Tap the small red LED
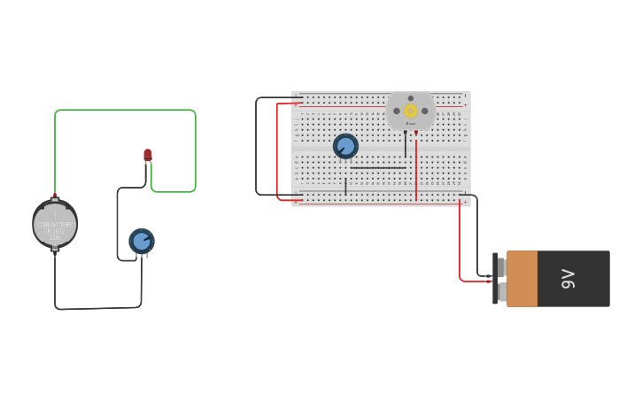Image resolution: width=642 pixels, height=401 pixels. coord(148,156)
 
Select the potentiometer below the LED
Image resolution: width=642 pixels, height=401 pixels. coord(142,241)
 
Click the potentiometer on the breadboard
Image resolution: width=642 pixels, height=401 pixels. coord(345,146)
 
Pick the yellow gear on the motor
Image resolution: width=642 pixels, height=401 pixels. coord(411,111)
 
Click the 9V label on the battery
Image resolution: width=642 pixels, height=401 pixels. coord(569,279)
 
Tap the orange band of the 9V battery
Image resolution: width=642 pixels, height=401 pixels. coord(522,279)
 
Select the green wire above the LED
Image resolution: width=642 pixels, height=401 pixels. coord(124,111)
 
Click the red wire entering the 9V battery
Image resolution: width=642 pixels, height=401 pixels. coord(460,248)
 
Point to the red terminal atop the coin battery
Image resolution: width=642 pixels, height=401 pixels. coord(55,195)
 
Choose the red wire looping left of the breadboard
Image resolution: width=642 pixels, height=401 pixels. coord(277,150)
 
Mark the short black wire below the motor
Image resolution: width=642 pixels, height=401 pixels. coord(406,143)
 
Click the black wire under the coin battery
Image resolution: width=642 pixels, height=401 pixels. coord(97,308)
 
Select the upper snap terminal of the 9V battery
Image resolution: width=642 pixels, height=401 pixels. coord(501,266)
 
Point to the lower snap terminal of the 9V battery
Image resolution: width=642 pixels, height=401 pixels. coord(501,291)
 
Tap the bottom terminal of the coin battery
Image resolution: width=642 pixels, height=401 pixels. coord(55,250)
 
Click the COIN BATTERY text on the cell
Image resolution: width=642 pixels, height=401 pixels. coord(55,225)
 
